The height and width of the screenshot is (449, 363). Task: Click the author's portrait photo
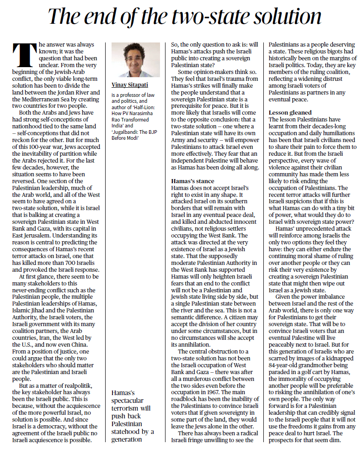[x=136, y=60]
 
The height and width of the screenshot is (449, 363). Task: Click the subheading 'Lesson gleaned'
[x=290, y=112]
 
